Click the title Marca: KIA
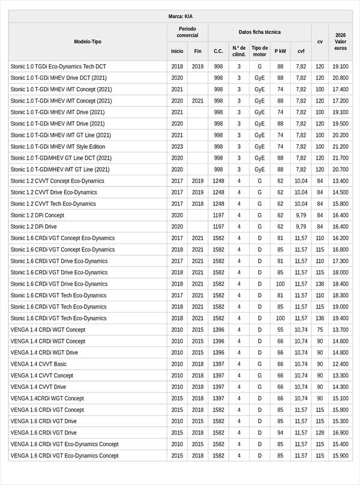pos(180,16)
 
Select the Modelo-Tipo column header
pos(88,41)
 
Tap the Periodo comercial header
pos(187,32)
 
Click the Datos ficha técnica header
pos(259,32)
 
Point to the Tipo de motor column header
pos(260,51)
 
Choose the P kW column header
pos(280,51)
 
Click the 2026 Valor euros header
pos(341,41)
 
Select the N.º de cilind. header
pos(239,51)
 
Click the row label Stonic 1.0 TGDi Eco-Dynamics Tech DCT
pos(58,67)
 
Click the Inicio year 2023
pos(177,146)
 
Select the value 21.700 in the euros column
pos(340,158)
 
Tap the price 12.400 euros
pos(340,364)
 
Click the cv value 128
pos(320,432)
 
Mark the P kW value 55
pos(280,330)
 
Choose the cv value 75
pos(320,330)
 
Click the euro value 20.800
pos(340,78)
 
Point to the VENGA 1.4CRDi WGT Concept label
pos(47,398)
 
